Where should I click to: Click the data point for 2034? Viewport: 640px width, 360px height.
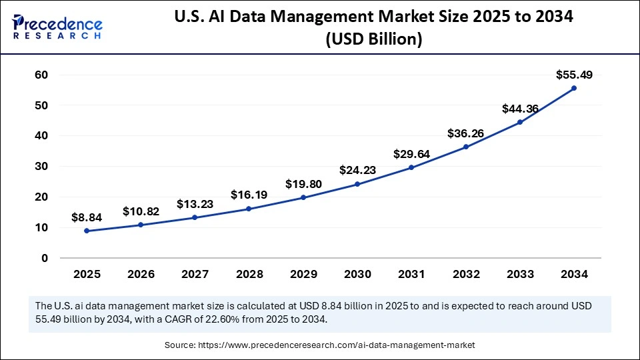coord(574,88)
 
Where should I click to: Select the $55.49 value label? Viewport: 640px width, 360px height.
coord(574,75)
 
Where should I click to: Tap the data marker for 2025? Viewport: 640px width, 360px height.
coord(87,231)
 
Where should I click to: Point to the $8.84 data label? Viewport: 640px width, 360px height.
coord(87,217)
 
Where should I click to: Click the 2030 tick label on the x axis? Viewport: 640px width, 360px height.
coord(357,274)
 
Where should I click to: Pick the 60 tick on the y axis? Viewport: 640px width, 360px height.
coord(41,75)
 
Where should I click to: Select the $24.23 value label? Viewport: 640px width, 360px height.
coord(357,170)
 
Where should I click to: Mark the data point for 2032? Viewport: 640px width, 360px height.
coord(466,147)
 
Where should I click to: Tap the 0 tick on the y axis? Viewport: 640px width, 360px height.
coord(45,258)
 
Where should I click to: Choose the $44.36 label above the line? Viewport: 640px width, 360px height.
coord(520,109)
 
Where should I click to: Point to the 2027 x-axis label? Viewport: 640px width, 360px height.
coord(195,274)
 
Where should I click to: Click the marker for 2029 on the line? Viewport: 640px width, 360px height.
coord(303,197)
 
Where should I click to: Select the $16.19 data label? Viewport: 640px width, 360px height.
coord(249,195)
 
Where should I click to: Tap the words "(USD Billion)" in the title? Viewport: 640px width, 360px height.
coord(374,40)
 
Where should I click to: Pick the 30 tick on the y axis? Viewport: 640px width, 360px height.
coord(41,167)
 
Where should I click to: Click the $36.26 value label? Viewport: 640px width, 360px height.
coord(466,133)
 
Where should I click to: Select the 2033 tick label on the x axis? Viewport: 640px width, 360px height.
coord(520,274)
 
